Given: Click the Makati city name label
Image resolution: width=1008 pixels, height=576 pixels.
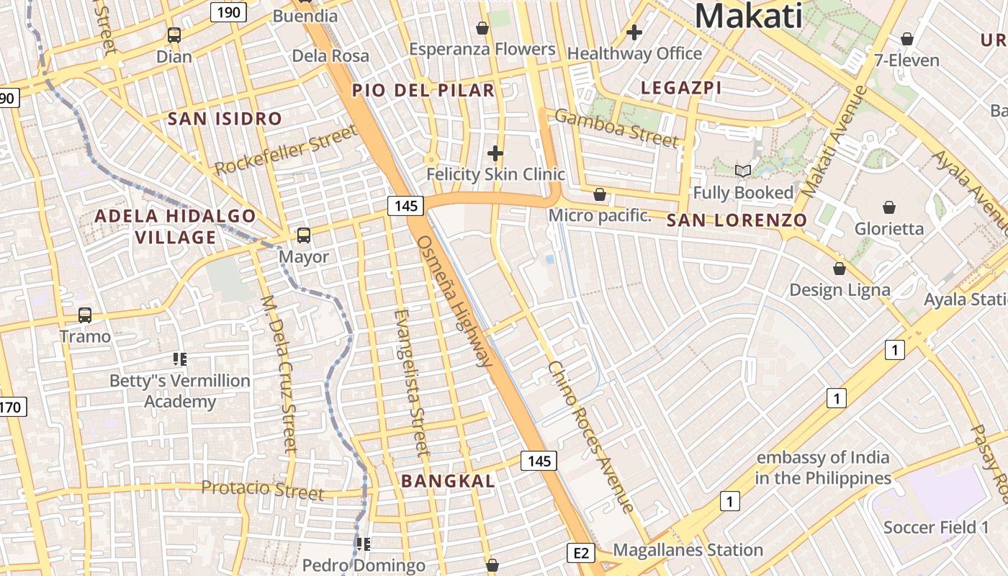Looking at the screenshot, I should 749,16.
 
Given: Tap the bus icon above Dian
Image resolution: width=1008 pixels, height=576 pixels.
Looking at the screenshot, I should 174,35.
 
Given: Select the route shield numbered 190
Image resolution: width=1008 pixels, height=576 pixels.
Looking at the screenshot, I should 229,12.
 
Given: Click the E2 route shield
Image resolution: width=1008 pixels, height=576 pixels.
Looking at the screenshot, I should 581,553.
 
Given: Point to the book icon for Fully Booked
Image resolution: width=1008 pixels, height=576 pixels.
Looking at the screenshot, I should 742,171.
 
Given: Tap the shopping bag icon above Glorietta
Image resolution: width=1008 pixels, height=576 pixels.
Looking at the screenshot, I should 889,207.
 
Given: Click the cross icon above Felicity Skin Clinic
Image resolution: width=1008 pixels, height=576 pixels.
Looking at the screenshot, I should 495,153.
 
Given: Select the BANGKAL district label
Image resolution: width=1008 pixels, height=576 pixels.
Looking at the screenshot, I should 448,481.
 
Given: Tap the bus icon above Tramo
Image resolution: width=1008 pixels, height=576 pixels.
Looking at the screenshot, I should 85,315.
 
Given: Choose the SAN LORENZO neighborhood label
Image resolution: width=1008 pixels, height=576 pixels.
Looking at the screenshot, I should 737,220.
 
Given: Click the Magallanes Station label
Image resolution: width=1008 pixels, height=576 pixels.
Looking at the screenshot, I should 688,550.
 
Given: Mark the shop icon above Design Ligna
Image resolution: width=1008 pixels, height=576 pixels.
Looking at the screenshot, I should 840,269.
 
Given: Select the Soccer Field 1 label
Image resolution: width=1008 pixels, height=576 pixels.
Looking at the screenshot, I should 936,527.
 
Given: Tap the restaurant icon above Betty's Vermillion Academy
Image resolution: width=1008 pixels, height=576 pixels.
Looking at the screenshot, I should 179,359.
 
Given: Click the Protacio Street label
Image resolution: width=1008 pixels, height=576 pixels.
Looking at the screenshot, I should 263,490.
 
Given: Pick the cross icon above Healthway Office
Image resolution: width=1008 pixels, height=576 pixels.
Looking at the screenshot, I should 634,32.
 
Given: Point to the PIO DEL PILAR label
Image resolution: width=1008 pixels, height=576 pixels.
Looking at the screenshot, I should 423,90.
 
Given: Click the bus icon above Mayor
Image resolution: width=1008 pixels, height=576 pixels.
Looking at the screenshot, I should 304,235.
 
